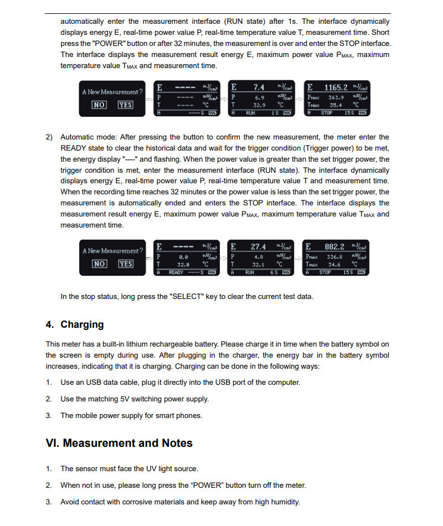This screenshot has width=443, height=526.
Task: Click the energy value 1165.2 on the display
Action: tap(336, 87)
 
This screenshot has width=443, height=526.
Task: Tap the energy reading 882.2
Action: tap(334, 247)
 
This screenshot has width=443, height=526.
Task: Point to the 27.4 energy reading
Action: tap(258, 247)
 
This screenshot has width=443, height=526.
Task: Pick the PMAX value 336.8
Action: tap(334, 257)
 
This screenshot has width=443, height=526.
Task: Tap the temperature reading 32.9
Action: tap(259, 105)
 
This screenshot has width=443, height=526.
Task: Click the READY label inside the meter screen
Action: tap(176, 272)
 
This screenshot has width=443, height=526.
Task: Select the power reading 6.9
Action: tap(259, 98)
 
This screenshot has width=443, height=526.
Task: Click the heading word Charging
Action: tap(82, 324)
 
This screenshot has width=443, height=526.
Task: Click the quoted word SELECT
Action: tap(187, 297)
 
